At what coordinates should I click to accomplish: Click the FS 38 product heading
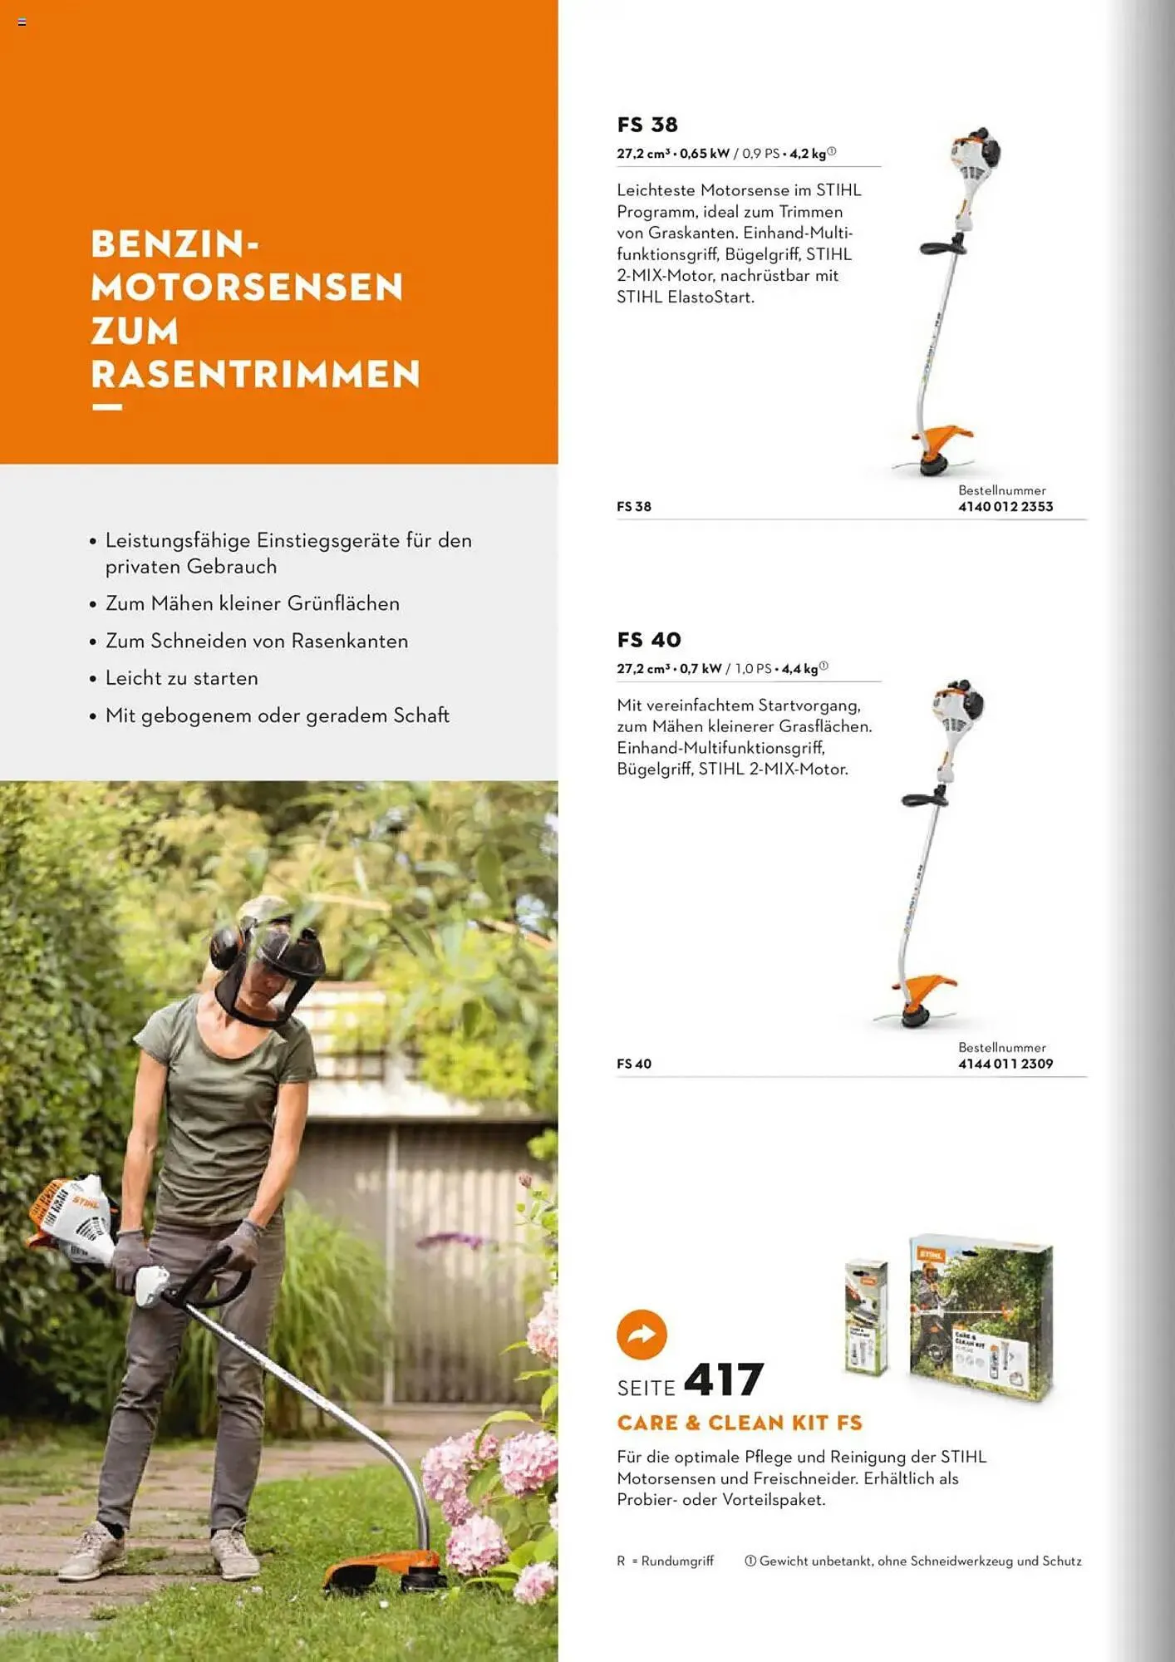[x=647, y=125]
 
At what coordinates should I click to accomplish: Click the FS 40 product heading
[x=649, y=640]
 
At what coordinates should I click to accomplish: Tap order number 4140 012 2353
[x=1005, y=506]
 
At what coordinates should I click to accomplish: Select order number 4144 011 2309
[x=1005, y=1064]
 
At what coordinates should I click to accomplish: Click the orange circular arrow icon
[x=642, y=1335]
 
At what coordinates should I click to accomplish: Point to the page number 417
[x=723, y=1380]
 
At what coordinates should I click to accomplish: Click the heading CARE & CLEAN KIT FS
[x=740, y=1423]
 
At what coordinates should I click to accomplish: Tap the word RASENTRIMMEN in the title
[x=256, y=373]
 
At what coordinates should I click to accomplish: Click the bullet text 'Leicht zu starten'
[x=181, y=678]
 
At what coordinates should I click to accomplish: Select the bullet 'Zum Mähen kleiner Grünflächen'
[x=252, y=603]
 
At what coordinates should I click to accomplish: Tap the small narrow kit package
[x=866, y=1317]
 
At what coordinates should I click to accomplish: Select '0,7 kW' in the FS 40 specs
[x=701, y=669]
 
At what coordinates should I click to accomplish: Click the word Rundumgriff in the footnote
[x=677, y=1561]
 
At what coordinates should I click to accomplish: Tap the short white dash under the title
[x=107, y=407]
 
